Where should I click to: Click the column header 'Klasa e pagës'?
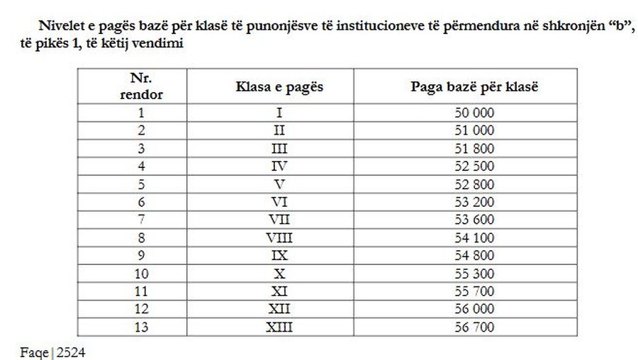coord(279,86)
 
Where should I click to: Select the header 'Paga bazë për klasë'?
coord(474,86)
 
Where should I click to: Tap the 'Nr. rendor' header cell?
coord(141,86)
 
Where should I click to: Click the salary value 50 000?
coord(474,113)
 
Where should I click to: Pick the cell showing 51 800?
coord(474,148)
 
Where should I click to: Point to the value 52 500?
coord(474,166)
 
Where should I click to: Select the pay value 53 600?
coord(474,220)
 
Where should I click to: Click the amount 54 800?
coord(474,255)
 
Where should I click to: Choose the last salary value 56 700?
coord(474,327)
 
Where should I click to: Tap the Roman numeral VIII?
coord(279,237)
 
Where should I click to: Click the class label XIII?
coord(279,327)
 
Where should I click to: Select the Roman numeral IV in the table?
coord(279,166)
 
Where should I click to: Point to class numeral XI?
coord(279,291)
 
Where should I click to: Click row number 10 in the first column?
coord(141,274)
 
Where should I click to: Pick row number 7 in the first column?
coord(141,220)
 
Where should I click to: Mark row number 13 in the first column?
coord(141,327)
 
